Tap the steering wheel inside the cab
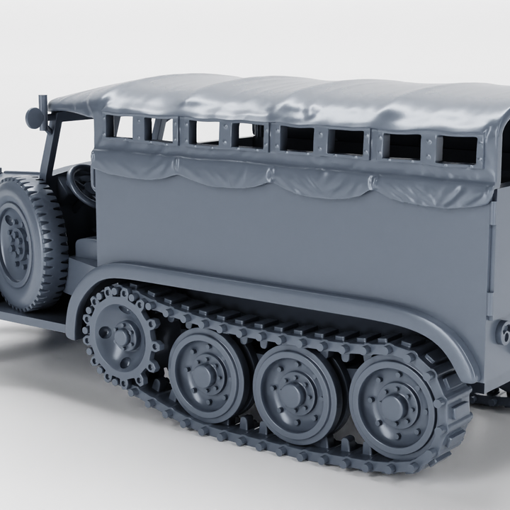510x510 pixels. click(x=81, y=186)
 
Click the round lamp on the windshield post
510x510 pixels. click(x=34, y=118)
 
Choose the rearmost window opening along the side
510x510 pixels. click(x=458, y=149)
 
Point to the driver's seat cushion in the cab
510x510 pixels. click(x=86, y=247)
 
